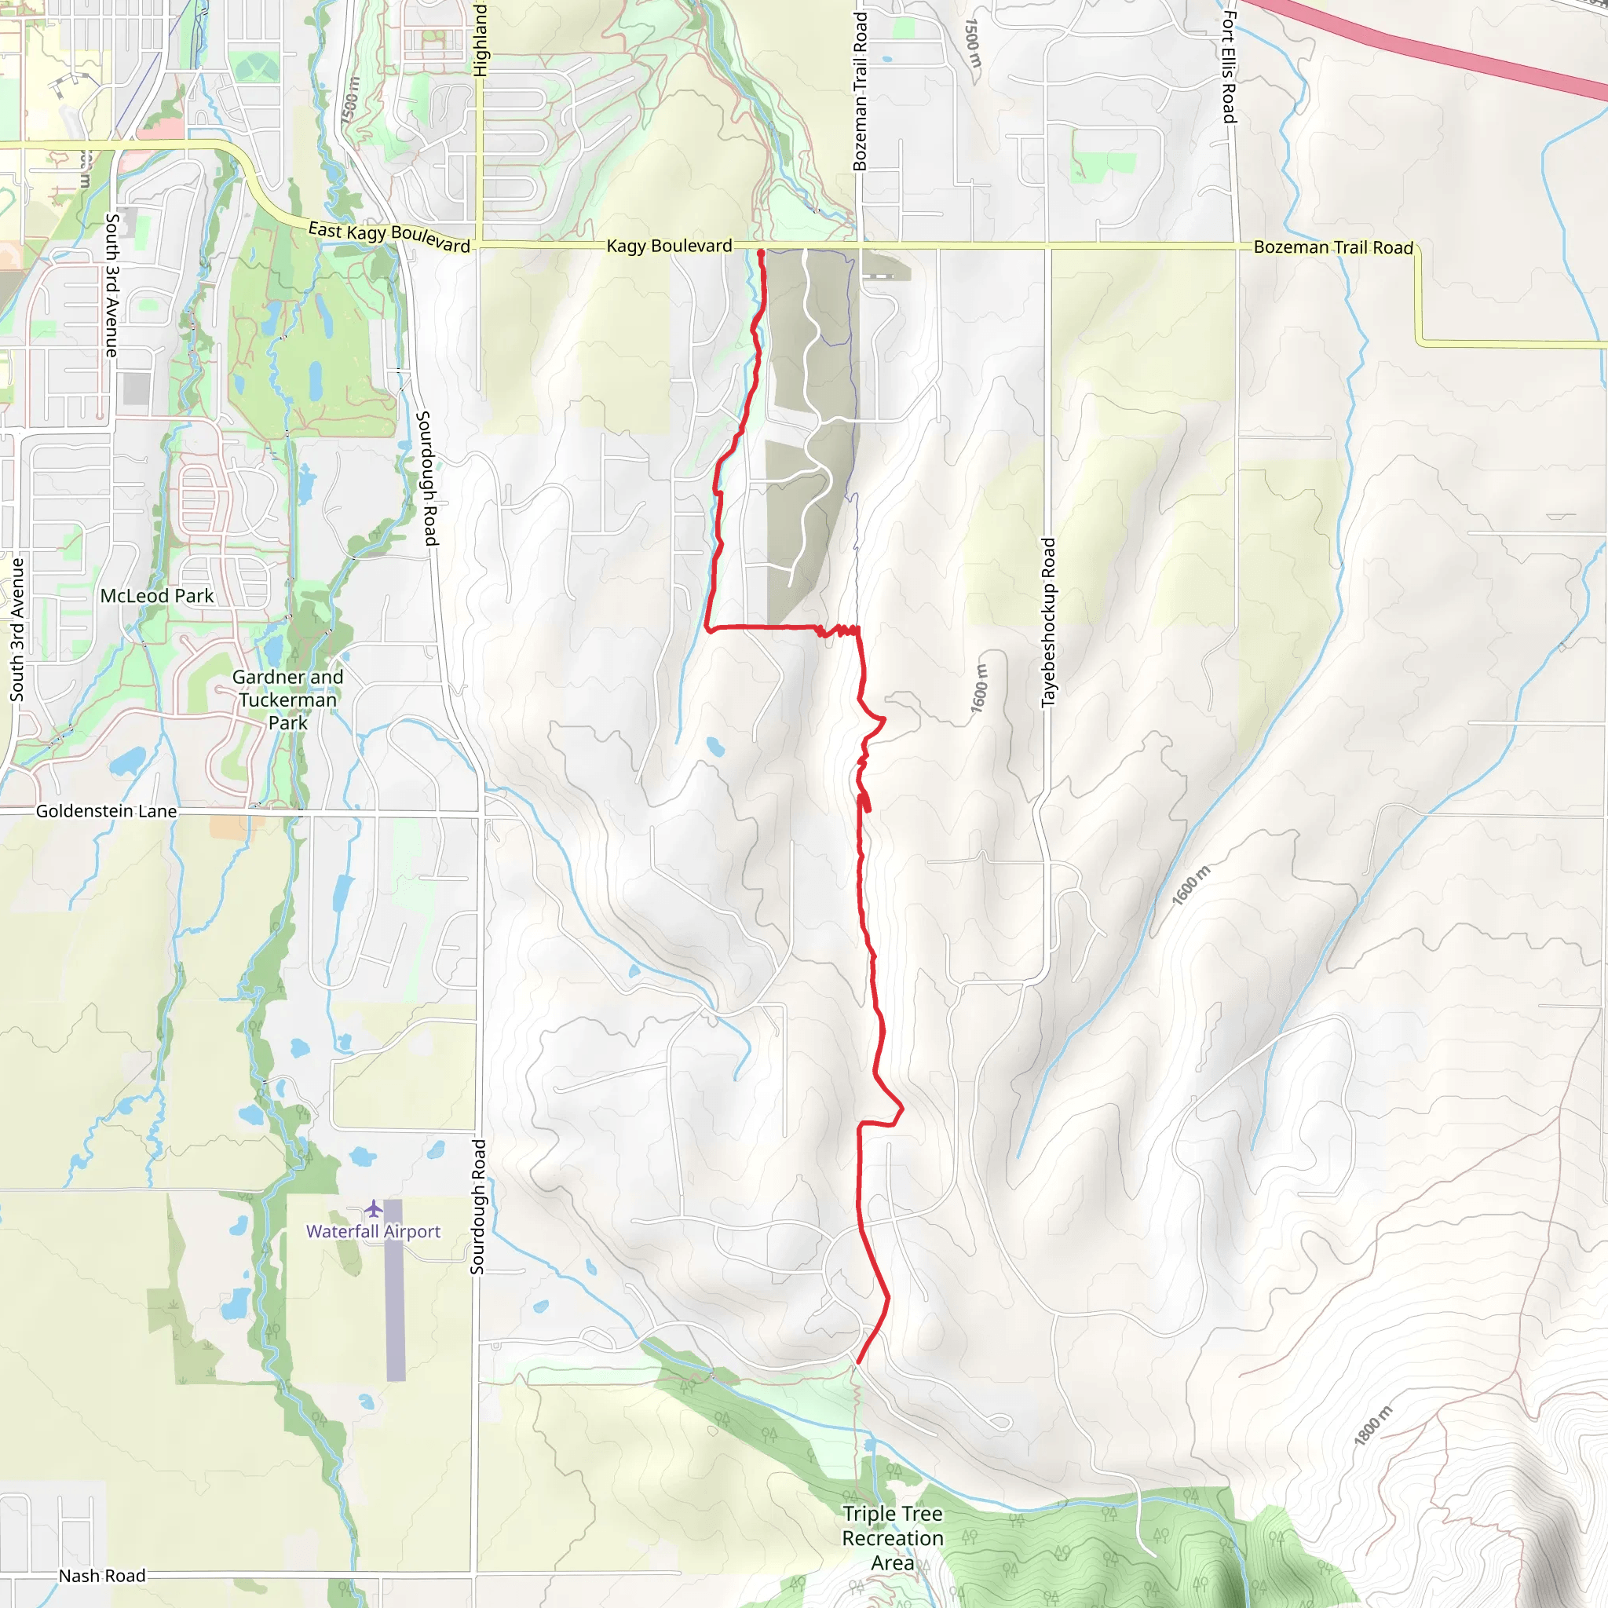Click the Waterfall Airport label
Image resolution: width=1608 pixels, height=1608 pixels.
373,1231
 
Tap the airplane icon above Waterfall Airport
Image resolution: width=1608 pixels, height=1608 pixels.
373,1208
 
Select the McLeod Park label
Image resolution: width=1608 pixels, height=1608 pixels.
156,596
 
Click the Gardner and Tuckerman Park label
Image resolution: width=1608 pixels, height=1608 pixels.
287,700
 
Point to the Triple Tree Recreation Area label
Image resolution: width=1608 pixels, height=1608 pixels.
892,1538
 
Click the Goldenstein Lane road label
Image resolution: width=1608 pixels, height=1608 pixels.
106,810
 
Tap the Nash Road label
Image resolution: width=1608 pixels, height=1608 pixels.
101,1576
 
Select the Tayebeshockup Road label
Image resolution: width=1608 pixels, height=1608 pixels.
1049,623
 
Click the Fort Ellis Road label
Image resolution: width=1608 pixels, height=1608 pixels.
1230,67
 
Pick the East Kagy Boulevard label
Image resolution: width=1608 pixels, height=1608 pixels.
389,236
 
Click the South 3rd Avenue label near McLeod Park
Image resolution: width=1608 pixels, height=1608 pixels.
16,629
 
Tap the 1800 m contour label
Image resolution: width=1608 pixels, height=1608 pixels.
1372,1426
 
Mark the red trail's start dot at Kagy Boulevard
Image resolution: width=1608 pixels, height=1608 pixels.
761,253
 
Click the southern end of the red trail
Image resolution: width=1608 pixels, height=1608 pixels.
857,1362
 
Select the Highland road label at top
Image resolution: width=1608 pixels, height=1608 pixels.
481,40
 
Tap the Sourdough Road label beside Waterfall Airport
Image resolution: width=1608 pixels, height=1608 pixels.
477,1207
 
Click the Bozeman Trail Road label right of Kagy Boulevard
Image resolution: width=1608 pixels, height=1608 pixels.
1333,247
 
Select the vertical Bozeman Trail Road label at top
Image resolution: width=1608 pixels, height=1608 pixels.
860,92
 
